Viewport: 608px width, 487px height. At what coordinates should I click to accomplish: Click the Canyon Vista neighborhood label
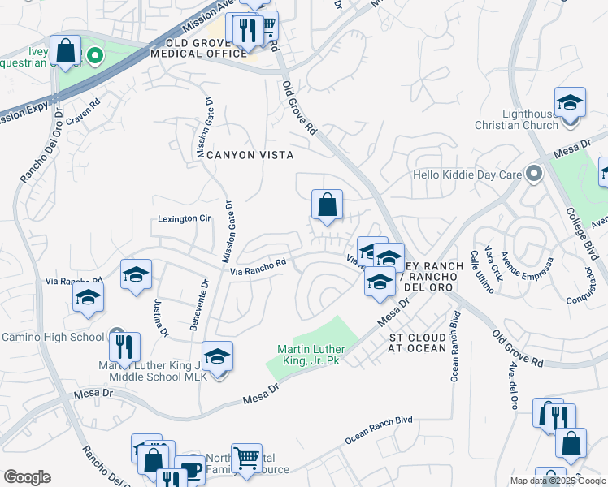(x=249, y=154)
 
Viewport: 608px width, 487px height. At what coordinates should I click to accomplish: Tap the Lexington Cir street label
(x=184, y=218)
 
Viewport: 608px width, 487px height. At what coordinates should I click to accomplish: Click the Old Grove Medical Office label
(x=206, y=48)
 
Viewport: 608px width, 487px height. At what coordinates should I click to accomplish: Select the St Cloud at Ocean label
(x=417, y=343)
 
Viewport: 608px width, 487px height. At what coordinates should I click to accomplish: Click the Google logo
(x=27, y=477)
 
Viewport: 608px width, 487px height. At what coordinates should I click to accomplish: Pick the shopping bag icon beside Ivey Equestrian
(x=65, y=50)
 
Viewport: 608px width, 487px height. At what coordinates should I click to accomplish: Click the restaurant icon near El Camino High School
(x=124, y=347)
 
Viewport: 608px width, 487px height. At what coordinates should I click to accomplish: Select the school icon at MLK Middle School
(x=217, y=356)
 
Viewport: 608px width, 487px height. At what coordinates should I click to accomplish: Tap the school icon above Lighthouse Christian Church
(x=570, y=103)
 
